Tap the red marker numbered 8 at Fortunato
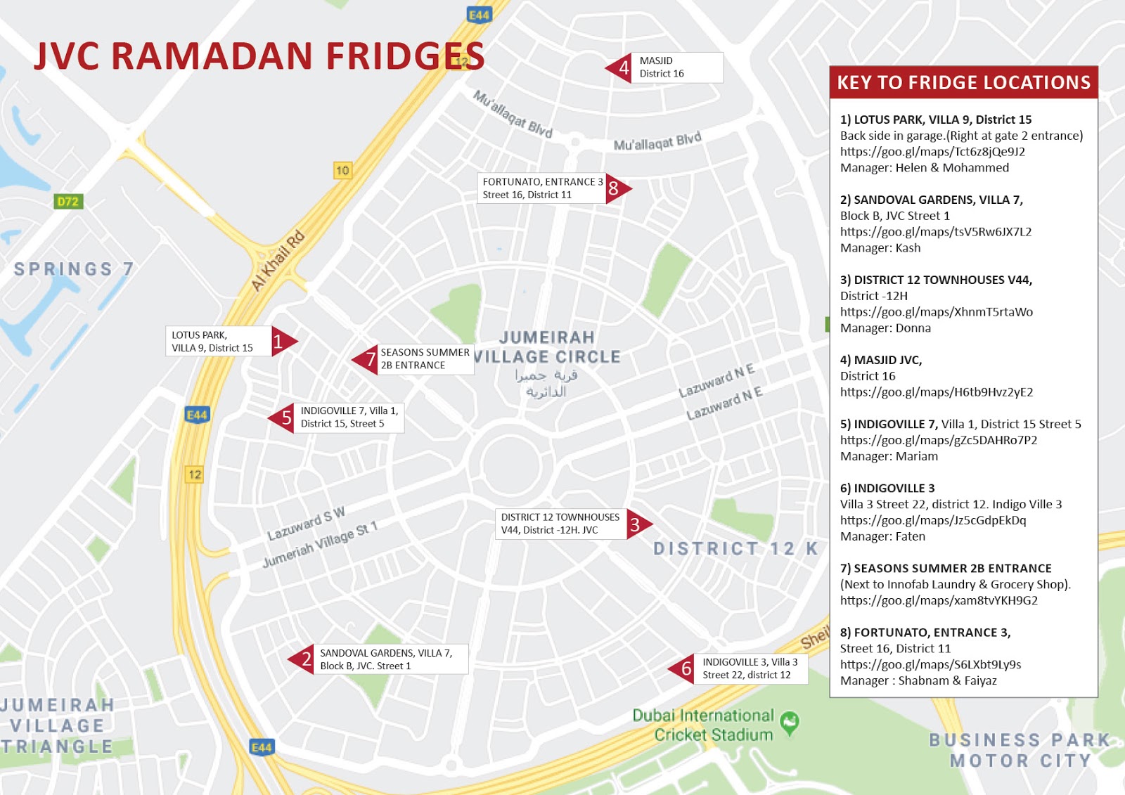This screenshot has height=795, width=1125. [x=617, y=188]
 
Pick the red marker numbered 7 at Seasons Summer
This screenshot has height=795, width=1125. [x=366, y=360]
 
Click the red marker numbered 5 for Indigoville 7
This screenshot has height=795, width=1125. [x=283, y=418]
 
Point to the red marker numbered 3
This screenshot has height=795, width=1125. [x=638, y=524]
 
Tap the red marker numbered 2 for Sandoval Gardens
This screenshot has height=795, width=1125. [x=302, y=659]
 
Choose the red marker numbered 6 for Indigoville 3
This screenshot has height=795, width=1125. [x=683, y=668]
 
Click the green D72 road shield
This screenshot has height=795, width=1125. [x=68, y=202]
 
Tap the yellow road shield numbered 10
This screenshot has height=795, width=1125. [x=342, y=170]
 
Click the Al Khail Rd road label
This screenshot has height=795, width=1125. [x=278, y=260]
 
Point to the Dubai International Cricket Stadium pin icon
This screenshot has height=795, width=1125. [x=790, y=722]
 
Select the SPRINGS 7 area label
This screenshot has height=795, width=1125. [x=74, y=269]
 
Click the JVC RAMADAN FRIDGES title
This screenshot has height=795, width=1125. [x=259, y=56]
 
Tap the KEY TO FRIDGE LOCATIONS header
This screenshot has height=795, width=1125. [x=963, y=83]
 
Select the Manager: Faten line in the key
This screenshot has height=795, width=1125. [x=882, y=536]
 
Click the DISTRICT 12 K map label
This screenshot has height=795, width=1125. [x=735, y=548]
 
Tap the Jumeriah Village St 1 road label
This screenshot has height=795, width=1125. [x=320, y=544]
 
